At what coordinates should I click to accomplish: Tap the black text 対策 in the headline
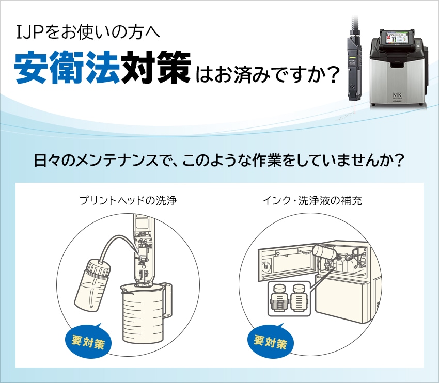click(155, 68)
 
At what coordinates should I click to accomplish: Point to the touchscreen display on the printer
click(397, 38)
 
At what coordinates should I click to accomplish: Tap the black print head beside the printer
click(354, 67)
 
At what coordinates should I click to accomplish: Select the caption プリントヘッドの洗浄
click(128, 201)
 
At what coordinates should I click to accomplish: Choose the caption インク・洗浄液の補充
click(312, 201)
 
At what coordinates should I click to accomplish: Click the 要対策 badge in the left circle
click(88, 341)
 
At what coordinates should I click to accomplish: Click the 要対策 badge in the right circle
click(271, 341)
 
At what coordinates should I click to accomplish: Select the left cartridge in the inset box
click(278, 299)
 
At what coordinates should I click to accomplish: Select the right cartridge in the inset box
click(299, 298)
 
